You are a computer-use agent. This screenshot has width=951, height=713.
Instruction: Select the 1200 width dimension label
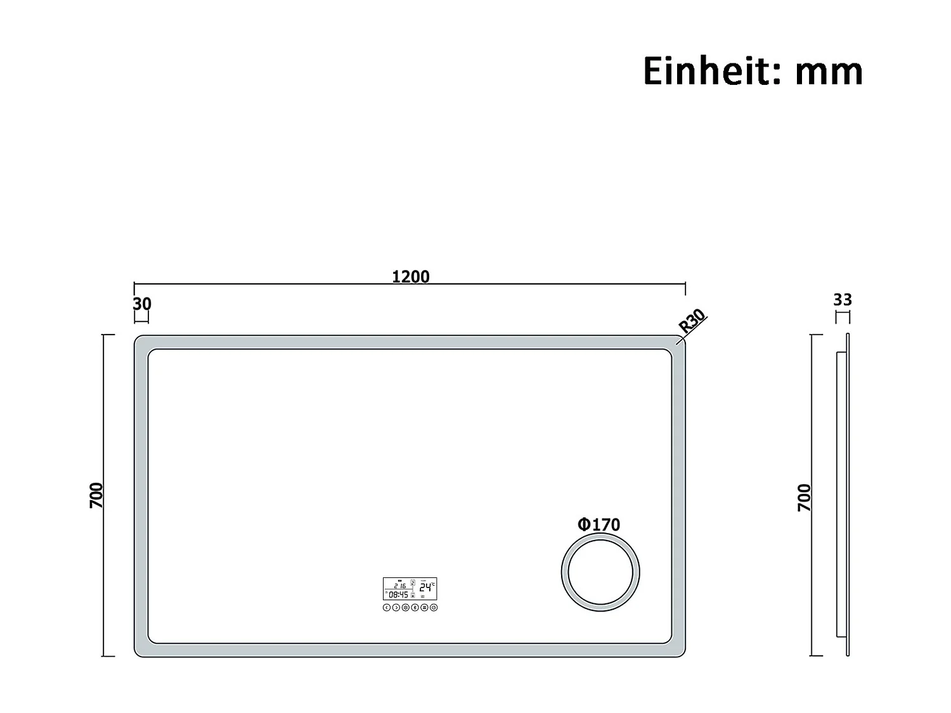[411, 276]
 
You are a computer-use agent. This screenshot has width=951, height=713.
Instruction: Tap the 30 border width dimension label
[142, 304]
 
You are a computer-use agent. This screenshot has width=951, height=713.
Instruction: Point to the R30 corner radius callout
[692, 321]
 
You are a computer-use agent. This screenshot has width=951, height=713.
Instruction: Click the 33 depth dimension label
[843, 299]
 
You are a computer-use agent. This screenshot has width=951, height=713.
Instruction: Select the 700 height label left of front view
[96, 495]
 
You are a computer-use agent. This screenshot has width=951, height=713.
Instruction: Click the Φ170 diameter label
[598, 524]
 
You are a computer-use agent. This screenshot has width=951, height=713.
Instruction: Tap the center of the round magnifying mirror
[600, 573]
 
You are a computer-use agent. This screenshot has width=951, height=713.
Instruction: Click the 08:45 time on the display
[399, 595]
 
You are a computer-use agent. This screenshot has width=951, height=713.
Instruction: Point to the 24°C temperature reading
[427, 587]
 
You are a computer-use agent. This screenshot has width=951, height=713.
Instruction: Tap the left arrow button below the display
[387, 608]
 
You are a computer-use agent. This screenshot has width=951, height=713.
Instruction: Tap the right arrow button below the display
[396, 608]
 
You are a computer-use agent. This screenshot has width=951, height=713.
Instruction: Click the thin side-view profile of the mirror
[847, 494]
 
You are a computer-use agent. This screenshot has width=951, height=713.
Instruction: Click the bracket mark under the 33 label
[843, 316]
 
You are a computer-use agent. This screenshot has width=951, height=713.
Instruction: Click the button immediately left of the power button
[424, 608]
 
